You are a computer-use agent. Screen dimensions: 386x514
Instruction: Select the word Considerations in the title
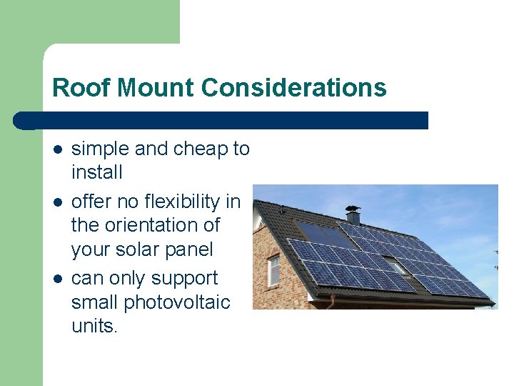pos(293,88)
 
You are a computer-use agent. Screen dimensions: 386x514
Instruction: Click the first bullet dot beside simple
pos(58,149)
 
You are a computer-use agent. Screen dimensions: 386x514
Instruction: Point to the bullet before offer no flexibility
pos(58,202)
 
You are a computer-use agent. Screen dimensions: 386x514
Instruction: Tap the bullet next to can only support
pos(58,278)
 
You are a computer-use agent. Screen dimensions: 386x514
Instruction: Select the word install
pos(97,172)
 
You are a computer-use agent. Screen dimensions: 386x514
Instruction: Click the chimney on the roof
pos(353,214)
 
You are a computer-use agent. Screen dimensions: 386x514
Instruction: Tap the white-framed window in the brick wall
pos(273,270)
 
